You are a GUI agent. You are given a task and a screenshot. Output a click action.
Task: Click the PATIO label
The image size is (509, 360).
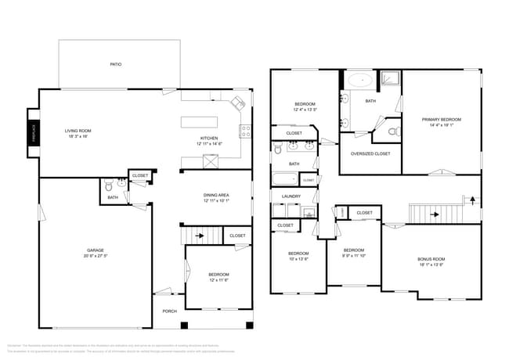point(115,64)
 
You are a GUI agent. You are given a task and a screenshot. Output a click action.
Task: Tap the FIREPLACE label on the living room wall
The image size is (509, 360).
point(34,134)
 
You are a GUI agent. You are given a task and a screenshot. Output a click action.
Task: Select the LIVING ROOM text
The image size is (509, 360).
point(78,131)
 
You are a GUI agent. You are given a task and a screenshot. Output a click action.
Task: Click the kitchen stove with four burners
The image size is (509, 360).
point(245,131)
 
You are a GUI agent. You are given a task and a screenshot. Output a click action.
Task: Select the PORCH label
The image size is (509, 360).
point(169,311)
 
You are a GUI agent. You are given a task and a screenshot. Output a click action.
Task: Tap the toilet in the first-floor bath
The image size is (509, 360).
point(108,186)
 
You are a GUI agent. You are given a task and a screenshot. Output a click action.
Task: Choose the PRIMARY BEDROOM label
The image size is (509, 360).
point(441,120)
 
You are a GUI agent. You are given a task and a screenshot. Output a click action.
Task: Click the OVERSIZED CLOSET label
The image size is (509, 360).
point(370,153)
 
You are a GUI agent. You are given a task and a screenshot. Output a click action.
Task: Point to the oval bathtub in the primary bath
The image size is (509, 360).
point(362,80)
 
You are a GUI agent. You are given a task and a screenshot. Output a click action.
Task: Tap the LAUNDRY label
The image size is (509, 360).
point(291,196)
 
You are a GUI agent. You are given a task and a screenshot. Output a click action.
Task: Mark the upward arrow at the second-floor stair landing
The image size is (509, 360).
point(470,200)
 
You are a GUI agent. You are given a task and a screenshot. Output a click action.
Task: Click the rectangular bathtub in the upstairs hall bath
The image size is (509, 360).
point(285,178)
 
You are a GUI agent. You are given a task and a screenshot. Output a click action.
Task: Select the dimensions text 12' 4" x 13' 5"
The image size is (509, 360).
point(305,110)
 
